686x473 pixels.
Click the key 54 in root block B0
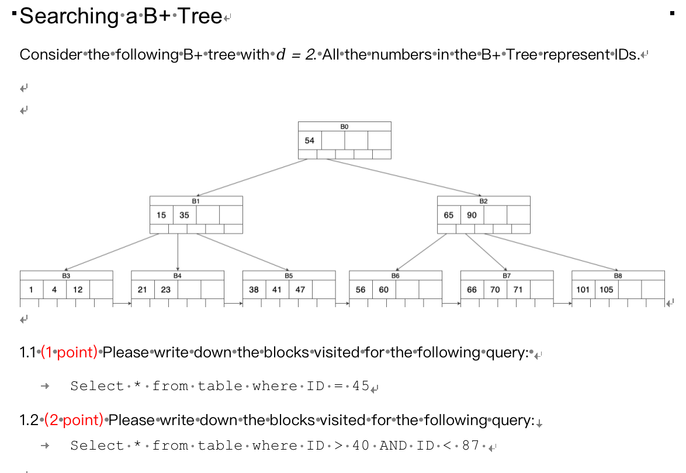[310, 141]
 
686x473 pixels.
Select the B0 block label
[344, 126]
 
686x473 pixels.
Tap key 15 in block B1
[161, 215]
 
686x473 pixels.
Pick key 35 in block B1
[185, 215]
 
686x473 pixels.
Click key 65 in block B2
[449, 215]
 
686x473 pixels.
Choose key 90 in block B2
[472, 215]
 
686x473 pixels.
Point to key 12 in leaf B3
[78, 290]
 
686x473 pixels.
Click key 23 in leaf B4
[166, 290]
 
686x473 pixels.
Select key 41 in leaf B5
[277, 290]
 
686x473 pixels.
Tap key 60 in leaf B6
[384, 290]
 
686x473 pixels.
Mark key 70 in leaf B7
[496, 290]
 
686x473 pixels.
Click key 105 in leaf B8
[607, 290]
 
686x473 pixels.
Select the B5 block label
[289, 275]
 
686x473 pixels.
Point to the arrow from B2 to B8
[549, 252]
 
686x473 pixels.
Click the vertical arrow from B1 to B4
[178, 251]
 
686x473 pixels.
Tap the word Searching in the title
[69, 16]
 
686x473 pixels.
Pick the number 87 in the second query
[470, 446]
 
